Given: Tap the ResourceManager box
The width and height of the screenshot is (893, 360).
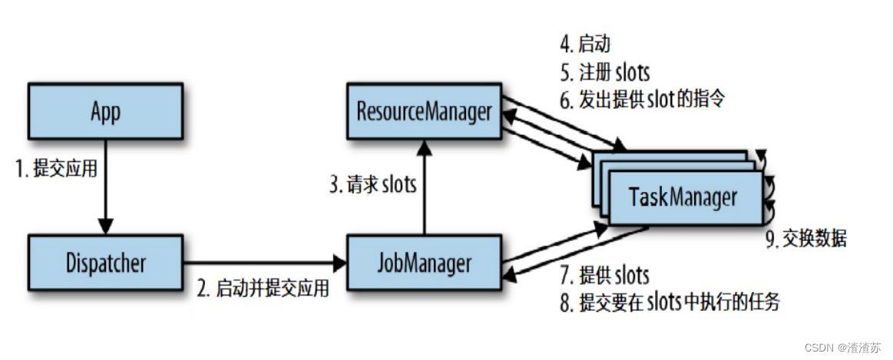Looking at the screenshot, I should pyautogui.click(x=423, y=112).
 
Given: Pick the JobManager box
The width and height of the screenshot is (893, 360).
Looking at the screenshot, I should pyautogui.click(x=423, y=263).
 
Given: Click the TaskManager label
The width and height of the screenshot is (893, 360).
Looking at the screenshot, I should pyautogui.click(x=683, y=197).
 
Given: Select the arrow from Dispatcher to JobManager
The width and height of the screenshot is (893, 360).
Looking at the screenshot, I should pyautogui.click(x=265, y=263).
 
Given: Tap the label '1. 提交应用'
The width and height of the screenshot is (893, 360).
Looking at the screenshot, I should pyautogui.click(x=57, y=169).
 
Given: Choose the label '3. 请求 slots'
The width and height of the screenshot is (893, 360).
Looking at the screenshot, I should pyautogui.click(x=372, y=185).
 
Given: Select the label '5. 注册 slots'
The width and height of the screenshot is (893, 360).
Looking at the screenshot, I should pyautogui.click(x=604, y=73).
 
